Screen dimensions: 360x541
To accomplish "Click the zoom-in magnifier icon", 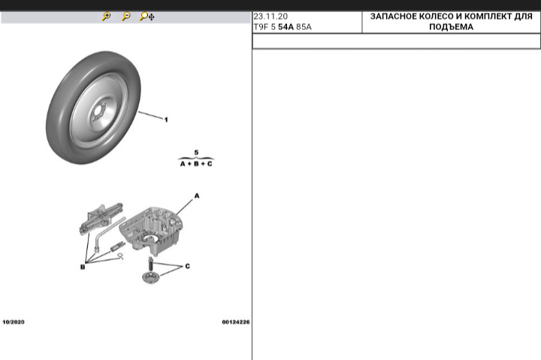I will [x=107, y=17].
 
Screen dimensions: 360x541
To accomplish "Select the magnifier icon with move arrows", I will [x=147, y=17].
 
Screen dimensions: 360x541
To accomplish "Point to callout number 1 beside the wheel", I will [x=166, y=119].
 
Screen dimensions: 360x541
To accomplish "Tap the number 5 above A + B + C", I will [x=196, y=152].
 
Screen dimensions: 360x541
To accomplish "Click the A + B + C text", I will [x=196, y=163].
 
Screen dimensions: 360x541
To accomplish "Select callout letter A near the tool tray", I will [x=198, y=195].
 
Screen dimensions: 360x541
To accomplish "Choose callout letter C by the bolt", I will [x=187, y=266].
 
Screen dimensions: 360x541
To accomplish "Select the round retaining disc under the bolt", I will [x=152, y=277].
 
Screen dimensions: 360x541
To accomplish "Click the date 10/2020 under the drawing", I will [x=14, y=322].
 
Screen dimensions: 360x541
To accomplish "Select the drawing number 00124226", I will [x=235, y=322].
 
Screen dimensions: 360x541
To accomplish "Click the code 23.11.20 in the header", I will [x=270, y=16].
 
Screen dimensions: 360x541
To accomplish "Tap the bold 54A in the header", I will [x=286, y=26].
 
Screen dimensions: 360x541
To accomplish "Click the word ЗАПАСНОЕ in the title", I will [x=397, y=16].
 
